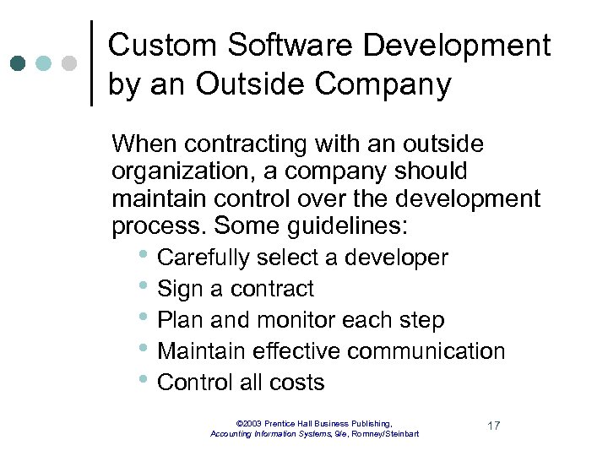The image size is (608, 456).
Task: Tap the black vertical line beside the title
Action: (x=91, y=63)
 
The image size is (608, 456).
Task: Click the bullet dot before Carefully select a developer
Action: (x=147, y=256)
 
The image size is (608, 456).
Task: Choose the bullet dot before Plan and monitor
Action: (x=147, y=318)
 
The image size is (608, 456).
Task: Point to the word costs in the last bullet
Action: (x=295, y=383)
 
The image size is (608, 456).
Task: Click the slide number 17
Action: (x=493, y=425)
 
